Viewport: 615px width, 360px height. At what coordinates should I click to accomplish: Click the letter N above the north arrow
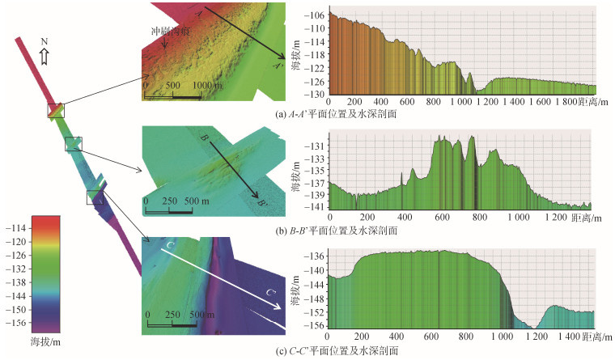pyautogui.click(x=45, y=41)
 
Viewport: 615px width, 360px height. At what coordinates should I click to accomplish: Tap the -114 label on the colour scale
pyautogui.click(x=16, y=228)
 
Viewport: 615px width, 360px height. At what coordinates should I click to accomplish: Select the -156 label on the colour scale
pyautogui.click(x=16, y=323)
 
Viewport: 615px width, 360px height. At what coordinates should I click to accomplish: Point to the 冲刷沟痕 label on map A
pyautogui.click(x=171, y=31)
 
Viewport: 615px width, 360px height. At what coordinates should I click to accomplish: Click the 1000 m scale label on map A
pyautogui.click(x=207, y=85)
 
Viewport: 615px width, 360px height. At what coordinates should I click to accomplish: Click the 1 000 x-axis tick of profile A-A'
pyautogui.click(x=461, y=102)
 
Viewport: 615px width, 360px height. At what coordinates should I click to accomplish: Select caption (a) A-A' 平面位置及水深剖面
pyautogui.click(x=336, y=114)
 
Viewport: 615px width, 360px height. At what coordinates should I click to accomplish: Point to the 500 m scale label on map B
pyautogui.click(x=197, y=201)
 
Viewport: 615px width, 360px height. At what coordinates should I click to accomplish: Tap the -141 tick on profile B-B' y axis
pyautogui.click(x=315, y=206)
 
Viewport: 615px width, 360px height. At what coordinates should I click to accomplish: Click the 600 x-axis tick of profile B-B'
pyautogui.click(x=442, y=218)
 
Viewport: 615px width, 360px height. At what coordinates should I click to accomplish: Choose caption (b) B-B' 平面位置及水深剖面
pyautogui.click(x=337, y=231)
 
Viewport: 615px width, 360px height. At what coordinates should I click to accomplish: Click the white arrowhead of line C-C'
pyautogui.click(x=277, y=307)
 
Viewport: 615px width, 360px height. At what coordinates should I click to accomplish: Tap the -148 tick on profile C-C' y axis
pyautogui.click(x=315, y=299)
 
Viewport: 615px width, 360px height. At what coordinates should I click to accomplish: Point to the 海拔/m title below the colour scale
pyautogui.click(x=45, y=341)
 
